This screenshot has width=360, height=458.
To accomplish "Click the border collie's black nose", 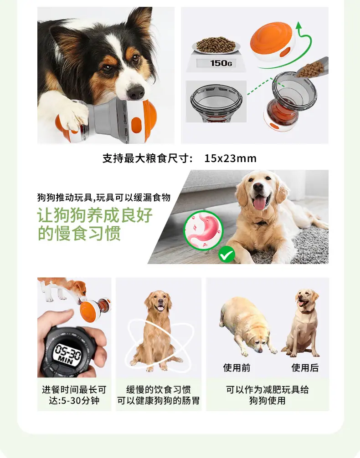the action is pyautogui.click(x=136, y=92).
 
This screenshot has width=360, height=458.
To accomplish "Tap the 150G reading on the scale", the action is pyautogui.click(x=221, y=63).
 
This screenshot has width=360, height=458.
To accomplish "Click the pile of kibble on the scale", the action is pyautogui.click(x=216, y=45).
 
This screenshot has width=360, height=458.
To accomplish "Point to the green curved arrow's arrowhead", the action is pyautogui.click(x=299, y=26).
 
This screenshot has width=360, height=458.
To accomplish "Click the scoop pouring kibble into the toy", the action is pyautogui.click(x=313, y=68).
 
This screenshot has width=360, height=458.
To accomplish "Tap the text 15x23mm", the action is pyautogui.click(x=230, y=158).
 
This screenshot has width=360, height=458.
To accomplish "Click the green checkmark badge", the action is pyautogui.click(x=226, y=254).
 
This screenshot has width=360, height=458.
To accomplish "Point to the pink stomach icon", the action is pyautogui.click(x=203, y=230).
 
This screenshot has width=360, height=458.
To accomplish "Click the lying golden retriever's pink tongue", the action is pyautogui.click(x=259, y=203).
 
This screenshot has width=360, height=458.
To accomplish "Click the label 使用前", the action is pyautogui.click(x=237, y=368).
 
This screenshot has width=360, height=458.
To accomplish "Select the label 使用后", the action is pyautogui.click(x=305, y=368).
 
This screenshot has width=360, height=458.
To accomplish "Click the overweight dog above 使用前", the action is pyautogui.click(x=247, y=326).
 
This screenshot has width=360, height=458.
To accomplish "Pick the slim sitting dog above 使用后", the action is pyautogui.click(x=302, y=322).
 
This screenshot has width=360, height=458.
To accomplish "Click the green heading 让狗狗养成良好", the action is pyautogui.click(x=95, y=215).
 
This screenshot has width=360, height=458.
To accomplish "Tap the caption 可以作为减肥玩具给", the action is pyautogui.click(x=267, y=389).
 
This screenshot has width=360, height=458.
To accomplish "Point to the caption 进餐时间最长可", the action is pyautogui.click(x=74, y=389).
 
